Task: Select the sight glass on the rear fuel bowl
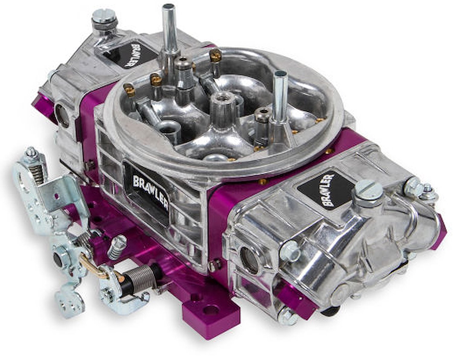pos(62,115)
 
